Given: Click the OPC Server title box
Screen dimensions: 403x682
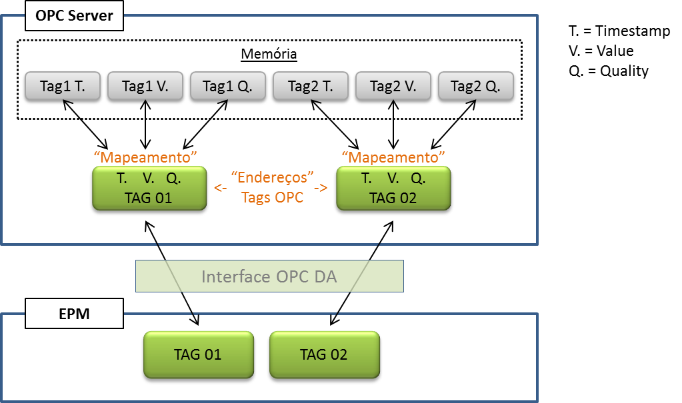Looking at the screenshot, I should pos(74,16).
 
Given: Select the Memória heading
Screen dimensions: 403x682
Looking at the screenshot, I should pos(269,55).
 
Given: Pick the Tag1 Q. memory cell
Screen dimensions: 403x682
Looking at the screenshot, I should pos(227,86).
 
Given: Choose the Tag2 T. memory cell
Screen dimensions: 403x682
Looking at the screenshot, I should pos(311,86).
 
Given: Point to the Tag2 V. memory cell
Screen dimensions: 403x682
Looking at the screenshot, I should pos(393,86).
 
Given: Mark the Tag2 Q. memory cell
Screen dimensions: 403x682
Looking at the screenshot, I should pos(476,86).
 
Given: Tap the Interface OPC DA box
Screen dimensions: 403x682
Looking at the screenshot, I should pos(269,276).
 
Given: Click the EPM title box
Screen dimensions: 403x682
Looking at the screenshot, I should pos(74,314).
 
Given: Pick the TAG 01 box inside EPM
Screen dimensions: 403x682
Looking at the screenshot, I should pos(197,354).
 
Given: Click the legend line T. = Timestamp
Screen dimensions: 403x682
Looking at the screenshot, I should pos(619,31).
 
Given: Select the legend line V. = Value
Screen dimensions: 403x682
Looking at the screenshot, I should pos(601,51).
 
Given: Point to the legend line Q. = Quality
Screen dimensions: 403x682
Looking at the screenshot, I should pos(608,71).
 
